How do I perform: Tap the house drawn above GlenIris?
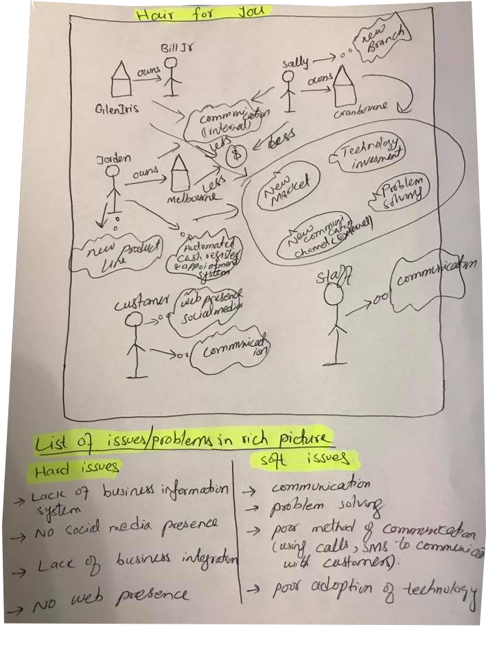(x=121, y=78)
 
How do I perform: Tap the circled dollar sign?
(x=236, y=153)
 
